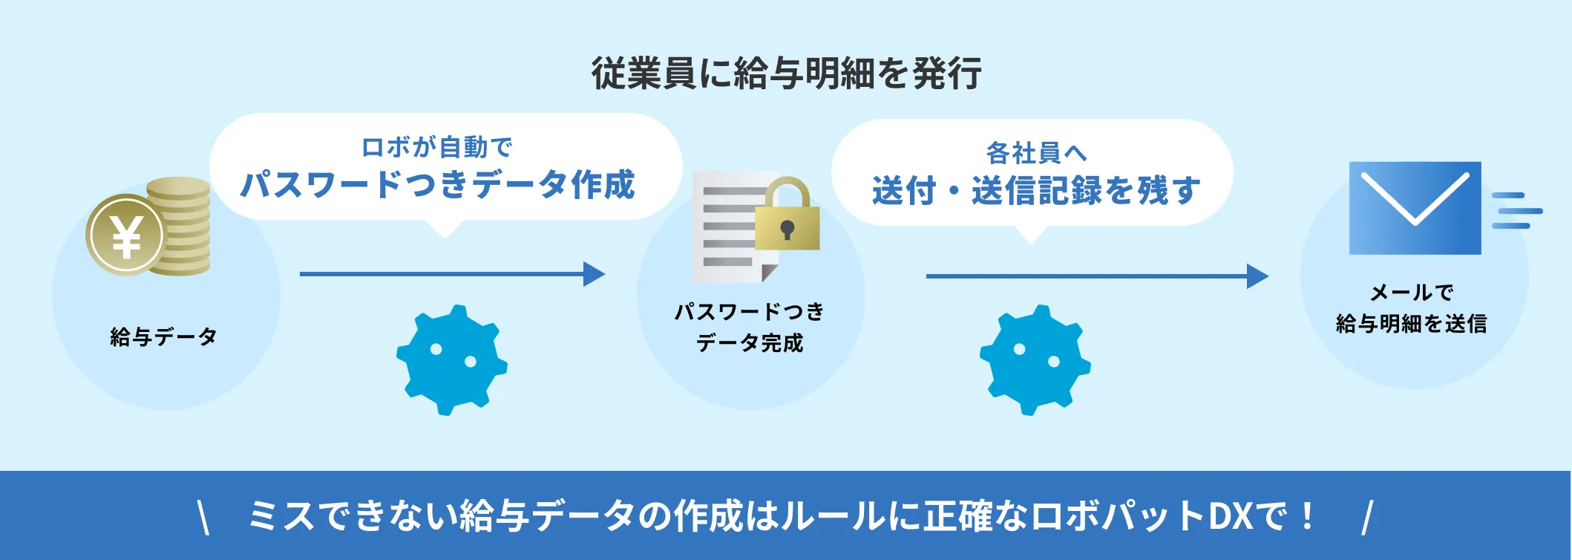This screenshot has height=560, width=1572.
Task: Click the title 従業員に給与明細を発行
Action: tap(786, 73)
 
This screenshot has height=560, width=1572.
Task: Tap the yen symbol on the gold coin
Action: tap(126, 235)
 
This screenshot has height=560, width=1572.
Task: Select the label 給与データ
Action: tap(163, 336)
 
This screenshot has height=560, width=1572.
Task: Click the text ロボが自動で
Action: tap(436, 147)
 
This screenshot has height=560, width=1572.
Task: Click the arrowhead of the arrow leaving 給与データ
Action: tap(595, 274)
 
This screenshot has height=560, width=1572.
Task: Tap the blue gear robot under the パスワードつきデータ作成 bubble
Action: tap(451, 359)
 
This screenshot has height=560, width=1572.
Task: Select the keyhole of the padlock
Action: tap(787, 229)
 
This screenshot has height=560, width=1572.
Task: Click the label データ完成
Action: tap(750, 343)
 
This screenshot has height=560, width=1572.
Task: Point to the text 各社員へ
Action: tap(1036, 153)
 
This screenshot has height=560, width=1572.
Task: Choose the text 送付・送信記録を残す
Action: tap(1036, 191)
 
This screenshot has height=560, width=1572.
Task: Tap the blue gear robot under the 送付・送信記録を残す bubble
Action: tap(1035, 359)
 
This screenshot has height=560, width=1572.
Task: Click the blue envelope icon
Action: tap(1415, 208)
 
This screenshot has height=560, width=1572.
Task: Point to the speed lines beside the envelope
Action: tap(1516, 211)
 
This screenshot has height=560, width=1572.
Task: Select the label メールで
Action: tap(1411, 293)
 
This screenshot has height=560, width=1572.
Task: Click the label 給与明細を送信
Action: tap(1411, 324)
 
